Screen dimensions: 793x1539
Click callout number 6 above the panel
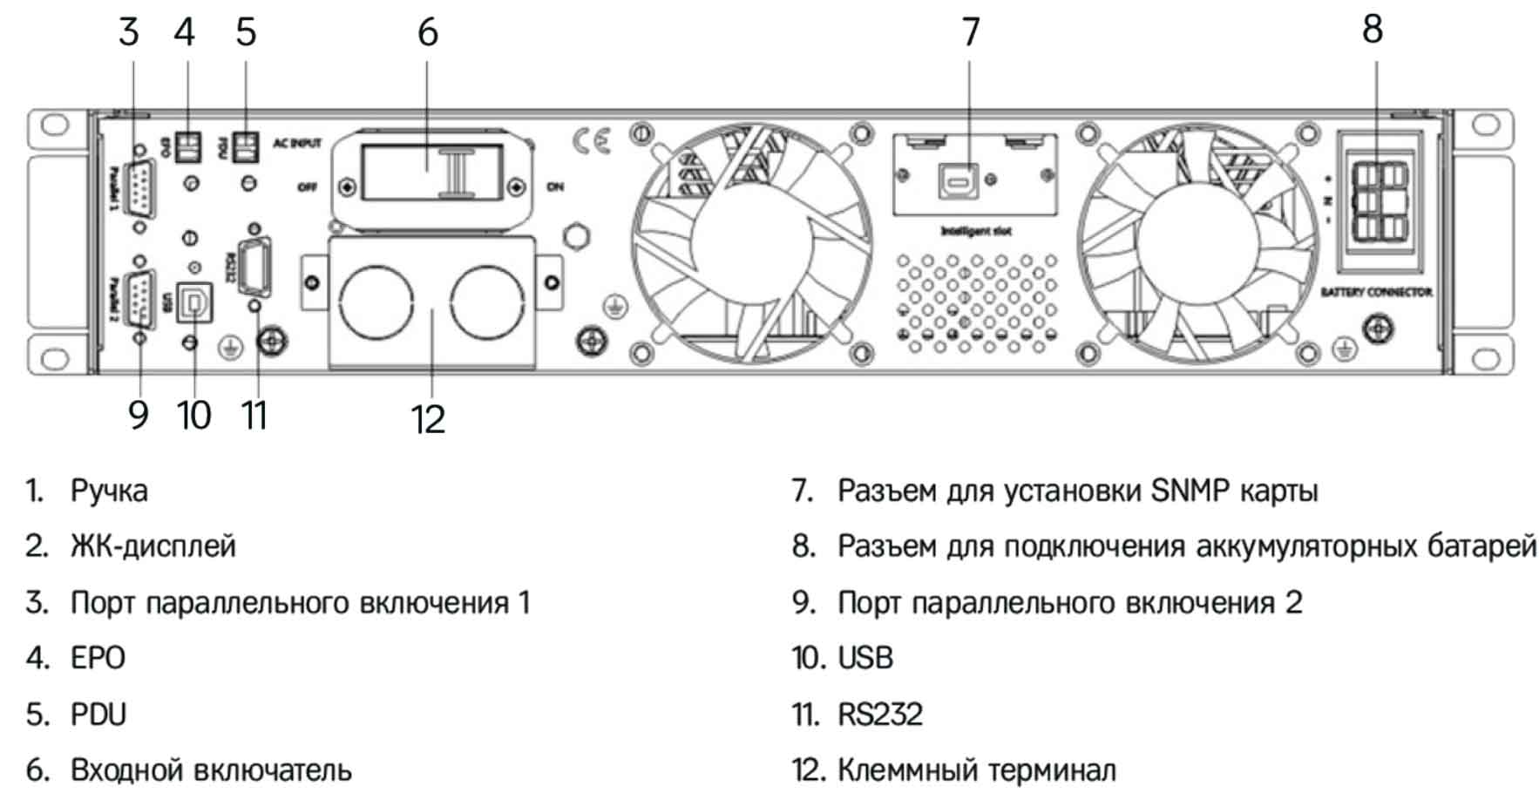point(427,32)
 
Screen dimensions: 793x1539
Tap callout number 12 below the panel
point(428,419)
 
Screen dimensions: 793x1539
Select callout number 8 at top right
point(1373,29)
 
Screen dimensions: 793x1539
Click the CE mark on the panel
point(593,141)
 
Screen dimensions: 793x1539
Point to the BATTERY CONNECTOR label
point(1376,292)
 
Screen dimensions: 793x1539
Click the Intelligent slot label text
point(975,231)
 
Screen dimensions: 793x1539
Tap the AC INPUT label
point(297,143)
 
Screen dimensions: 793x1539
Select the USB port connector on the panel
point(194,302)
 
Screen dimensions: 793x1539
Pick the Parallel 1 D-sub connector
point(139,187)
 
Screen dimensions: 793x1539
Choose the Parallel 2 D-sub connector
point(140,301)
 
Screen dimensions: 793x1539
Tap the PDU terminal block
point(247,146)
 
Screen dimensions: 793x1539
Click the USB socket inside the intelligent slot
point(957,180)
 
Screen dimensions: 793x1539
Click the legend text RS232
point(880,715)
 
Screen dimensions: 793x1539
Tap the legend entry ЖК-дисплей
point(153,546)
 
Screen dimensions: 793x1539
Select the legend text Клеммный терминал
point(976,770)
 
